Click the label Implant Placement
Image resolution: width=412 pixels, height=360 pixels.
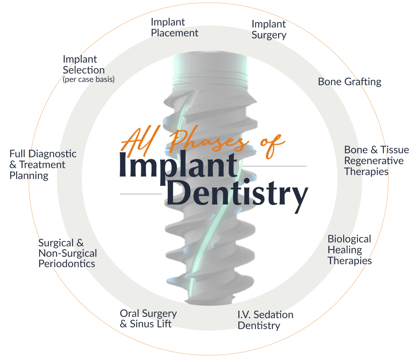[x=174, y=27]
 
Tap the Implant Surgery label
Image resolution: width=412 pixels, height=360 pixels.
[x=269, y=30]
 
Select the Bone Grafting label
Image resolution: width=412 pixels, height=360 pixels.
[x=349, y=82]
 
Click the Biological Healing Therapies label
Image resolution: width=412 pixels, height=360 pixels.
[x=349, y=250]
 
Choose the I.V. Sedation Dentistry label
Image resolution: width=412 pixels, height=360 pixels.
[x=265, y=320]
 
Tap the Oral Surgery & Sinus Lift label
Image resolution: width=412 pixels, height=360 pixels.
[x=148, y=318]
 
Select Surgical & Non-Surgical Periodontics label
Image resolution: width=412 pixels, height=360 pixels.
[x=67, y=253]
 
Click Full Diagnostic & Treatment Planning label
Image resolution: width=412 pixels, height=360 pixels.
[x=43, y=165]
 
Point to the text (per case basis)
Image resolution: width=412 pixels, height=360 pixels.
[x=88, y=79]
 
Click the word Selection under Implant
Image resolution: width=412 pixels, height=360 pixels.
[x=83, y=70]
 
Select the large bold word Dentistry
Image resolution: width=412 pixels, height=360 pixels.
[x=236, y=195]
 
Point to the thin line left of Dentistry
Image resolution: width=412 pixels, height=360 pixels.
[x=141, y=194]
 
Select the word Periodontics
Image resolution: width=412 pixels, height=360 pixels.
[x=67, y=264]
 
